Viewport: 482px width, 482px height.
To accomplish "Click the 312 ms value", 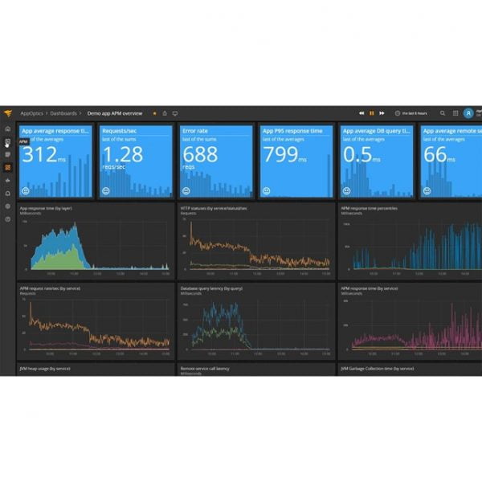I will [39, 155].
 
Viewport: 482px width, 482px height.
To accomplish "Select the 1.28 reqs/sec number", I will [123, 155].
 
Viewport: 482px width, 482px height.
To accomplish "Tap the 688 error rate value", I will [200, 155].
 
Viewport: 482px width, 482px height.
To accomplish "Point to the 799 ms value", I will [280, 155].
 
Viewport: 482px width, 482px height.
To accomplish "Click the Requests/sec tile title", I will [119, 130].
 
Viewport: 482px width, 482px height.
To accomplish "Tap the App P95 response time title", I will [292, 130].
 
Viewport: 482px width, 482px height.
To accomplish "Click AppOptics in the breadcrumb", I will [32, 113].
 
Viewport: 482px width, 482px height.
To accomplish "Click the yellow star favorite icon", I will [154, 113].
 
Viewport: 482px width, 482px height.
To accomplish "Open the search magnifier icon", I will [442, 113].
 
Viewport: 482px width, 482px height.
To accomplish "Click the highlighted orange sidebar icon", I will [7, 167].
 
